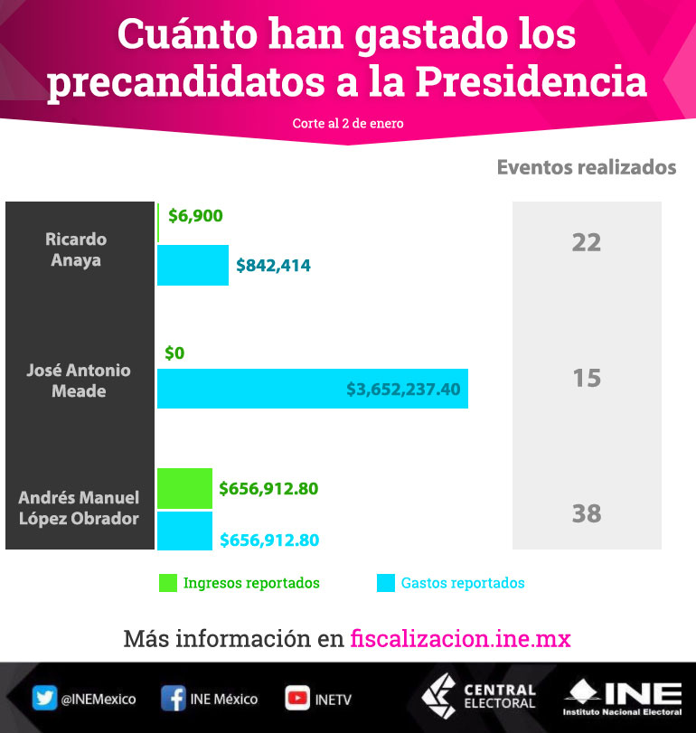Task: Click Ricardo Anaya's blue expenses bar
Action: click(x=193, y=265)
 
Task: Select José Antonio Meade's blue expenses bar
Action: click(x=312, y=388)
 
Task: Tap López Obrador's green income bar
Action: click(x=184, y=488)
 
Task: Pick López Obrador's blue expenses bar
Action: click(x=184, y=531)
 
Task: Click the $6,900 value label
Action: click(x=195, y=216)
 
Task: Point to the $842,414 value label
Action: click(x=273, y=266)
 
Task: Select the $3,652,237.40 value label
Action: click(x=403, y=390)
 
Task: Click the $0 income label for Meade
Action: click(x=174, y=353)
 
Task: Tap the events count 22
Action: click(x=587, y=243)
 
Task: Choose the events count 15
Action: click(x=587, y=378)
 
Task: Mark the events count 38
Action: click(x=587, y=513)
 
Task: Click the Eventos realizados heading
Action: click(x=587, y=167)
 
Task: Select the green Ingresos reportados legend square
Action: click(x=166, y=583)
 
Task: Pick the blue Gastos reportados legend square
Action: click(x=385, y=583)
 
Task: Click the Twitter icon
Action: click(x=44, y=698)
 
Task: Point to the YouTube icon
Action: click(x=296, y=698)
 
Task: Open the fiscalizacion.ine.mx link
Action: click(x=460, y=639)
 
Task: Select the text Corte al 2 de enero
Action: click(x=348, y=123)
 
